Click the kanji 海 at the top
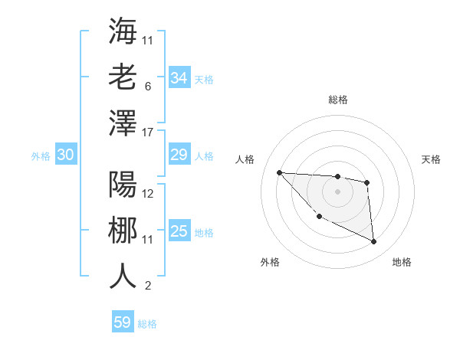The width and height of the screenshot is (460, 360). tap(123, 31)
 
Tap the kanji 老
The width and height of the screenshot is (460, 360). tap(123, 77)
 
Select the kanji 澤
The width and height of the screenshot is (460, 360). tap(123, 123)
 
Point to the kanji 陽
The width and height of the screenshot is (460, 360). tap(123, 184)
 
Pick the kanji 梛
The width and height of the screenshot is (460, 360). tap(123, 230)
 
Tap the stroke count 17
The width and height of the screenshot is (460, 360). tap(149, 133)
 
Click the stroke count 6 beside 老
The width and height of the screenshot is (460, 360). tap(147, 87)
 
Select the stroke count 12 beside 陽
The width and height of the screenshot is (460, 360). tap(149, 194)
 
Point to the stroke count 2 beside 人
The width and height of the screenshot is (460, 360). tap(147, 286)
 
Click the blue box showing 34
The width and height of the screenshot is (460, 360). tap(179, 78)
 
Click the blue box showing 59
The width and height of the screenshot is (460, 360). tap(123, 322)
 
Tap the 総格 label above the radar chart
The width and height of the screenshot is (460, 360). tap(338, 100)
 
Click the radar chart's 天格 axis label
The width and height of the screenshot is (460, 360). tap(432, 159)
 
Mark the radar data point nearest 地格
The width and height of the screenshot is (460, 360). tap(374, 242)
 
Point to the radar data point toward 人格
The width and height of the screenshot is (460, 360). tap(279, 172)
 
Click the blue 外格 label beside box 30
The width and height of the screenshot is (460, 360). tap(41, 156)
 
